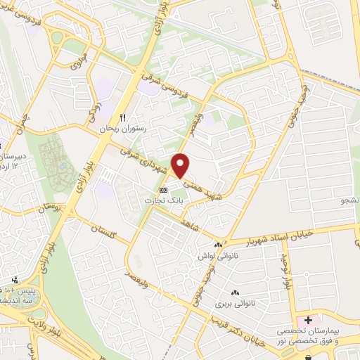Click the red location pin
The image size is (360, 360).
click(181, 165)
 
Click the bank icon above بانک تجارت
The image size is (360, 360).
click(164, 190)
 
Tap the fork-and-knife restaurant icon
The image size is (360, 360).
click(122, 117)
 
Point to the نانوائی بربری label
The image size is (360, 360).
click(233, 303)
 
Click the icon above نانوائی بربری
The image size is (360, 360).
click(234, 292)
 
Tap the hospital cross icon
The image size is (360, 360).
click(302, 321)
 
